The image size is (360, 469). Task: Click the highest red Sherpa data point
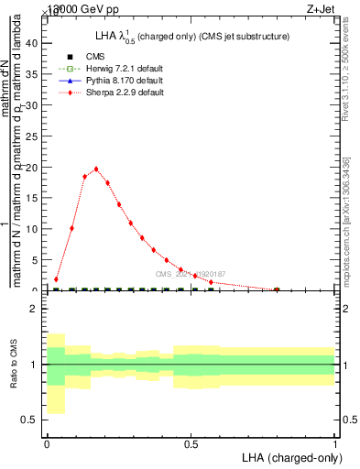click(x=96, y=169)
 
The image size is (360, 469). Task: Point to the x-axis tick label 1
click(x=335, y=442)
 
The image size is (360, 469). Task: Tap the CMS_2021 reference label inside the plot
click(x=190, y=274)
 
